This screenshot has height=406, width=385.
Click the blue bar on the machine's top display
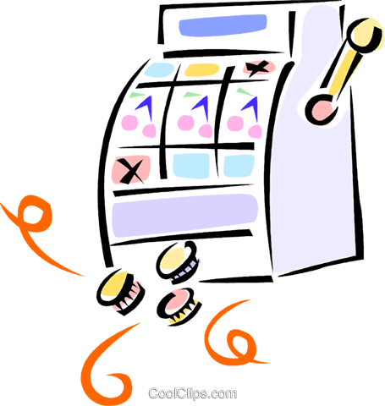pos(223,25)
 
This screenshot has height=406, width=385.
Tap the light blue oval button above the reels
pos(159,70)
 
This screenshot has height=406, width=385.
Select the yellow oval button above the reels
pos(202,70)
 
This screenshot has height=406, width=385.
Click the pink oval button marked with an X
pos(259,68)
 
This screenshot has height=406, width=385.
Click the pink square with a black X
pos(131,170)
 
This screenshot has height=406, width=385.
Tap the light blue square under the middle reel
pos(191,166)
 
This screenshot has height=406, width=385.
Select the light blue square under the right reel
pos(239,166)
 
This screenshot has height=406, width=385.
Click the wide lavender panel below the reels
pos(184,216)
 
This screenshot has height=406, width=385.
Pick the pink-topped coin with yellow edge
pos(179,306)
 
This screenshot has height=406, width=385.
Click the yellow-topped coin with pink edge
pos(120,290)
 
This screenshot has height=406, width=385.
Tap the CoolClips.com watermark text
pos(193,393)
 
